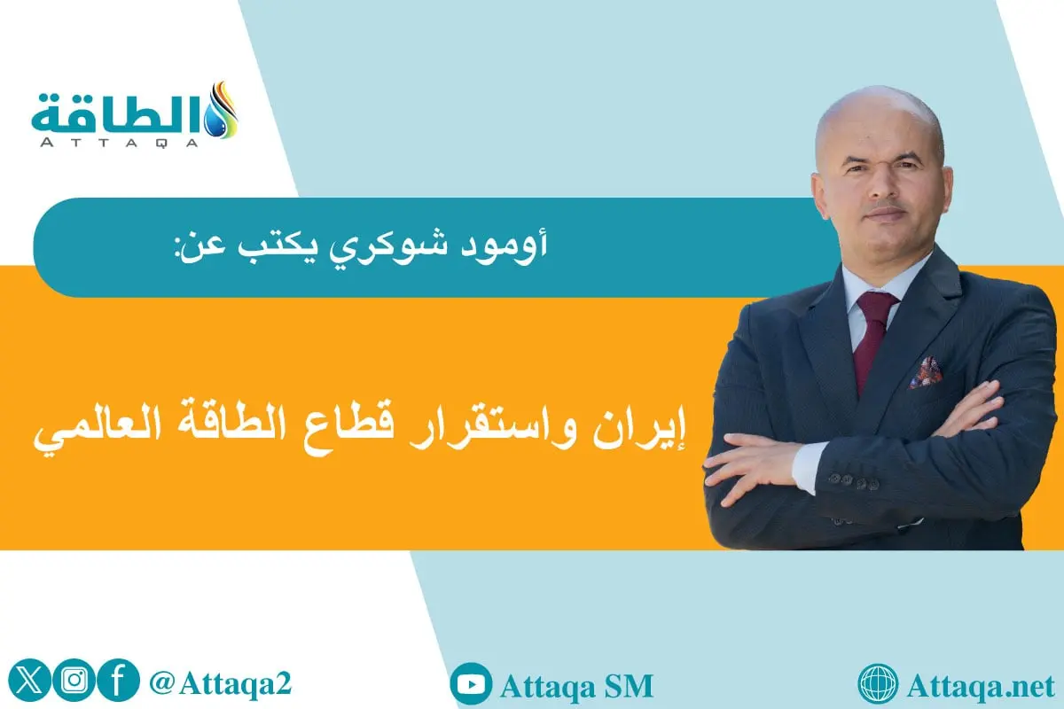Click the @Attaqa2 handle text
[221, 682]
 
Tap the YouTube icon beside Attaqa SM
[471, 685]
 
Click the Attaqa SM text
[576, 686]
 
